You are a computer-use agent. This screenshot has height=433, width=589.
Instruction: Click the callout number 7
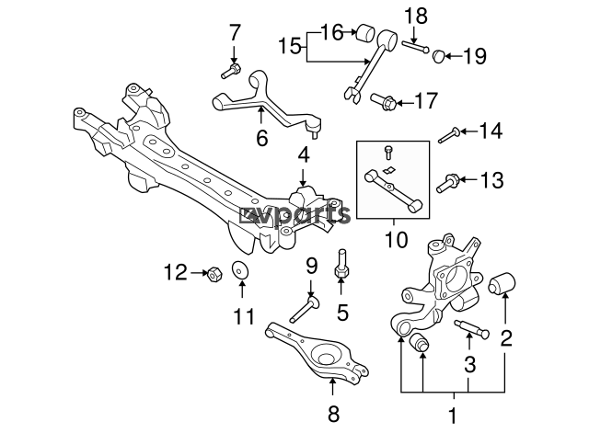point(235,33)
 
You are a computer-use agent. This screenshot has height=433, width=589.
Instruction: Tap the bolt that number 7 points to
point(231,71)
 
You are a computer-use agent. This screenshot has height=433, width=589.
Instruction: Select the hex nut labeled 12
point(214,274)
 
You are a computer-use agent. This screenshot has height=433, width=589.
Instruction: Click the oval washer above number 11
point(241,269)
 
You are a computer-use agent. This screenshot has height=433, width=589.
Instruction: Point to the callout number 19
point(475,56)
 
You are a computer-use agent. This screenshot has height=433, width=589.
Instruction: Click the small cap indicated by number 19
point(439,56)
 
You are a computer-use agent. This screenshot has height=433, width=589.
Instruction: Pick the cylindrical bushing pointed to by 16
point(365,33)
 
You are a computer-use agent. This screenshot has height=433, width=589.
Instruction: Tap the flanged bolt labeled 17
point(383,101)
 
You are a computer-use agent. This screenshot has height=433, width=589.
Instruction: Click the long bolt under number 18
point(415,47)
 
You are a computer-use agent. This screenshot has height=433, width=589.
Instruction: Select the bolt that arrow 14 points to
point(448,135)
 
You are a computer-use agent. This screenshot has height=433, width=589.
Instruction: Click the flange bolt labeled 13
point(447,183)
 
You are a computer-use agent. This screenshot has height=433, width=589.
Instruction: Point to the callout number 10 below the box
point(397,239)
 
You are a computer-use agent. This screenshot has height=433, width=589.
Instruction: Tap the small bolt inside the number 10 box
point(388,152)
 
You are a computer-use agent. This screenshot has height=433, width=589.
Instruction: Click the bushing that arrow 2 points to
point(502,284)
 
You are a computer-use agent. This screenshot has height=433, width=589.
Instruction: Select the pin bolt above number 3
point(472,328)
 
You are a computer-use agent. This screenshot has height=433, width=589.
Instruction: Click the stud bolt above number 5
point(341,264)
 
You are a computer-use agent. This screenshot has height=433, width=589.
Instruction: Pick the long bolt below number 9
point(305,309)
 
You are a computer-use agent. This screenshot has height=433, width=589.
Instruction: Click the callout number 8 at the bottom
point(333,413)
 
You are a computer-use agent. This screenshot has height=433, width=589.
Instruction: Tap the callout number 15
point(290,47)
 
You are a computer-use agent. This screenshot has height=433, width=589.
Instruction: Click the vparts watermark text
point(295,215)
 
